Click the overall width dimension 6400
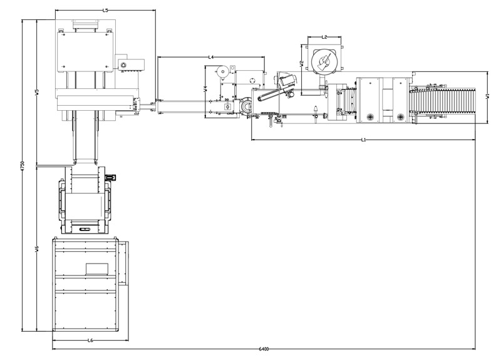264,349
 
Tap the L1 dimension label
363,140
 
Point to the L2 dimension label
324,37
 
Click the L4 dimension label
211,57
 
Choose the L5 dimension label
105,10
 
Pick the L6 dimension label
90,341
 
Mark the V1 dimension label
487,96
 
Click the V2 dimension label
301,64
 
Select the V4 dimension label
205,89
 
